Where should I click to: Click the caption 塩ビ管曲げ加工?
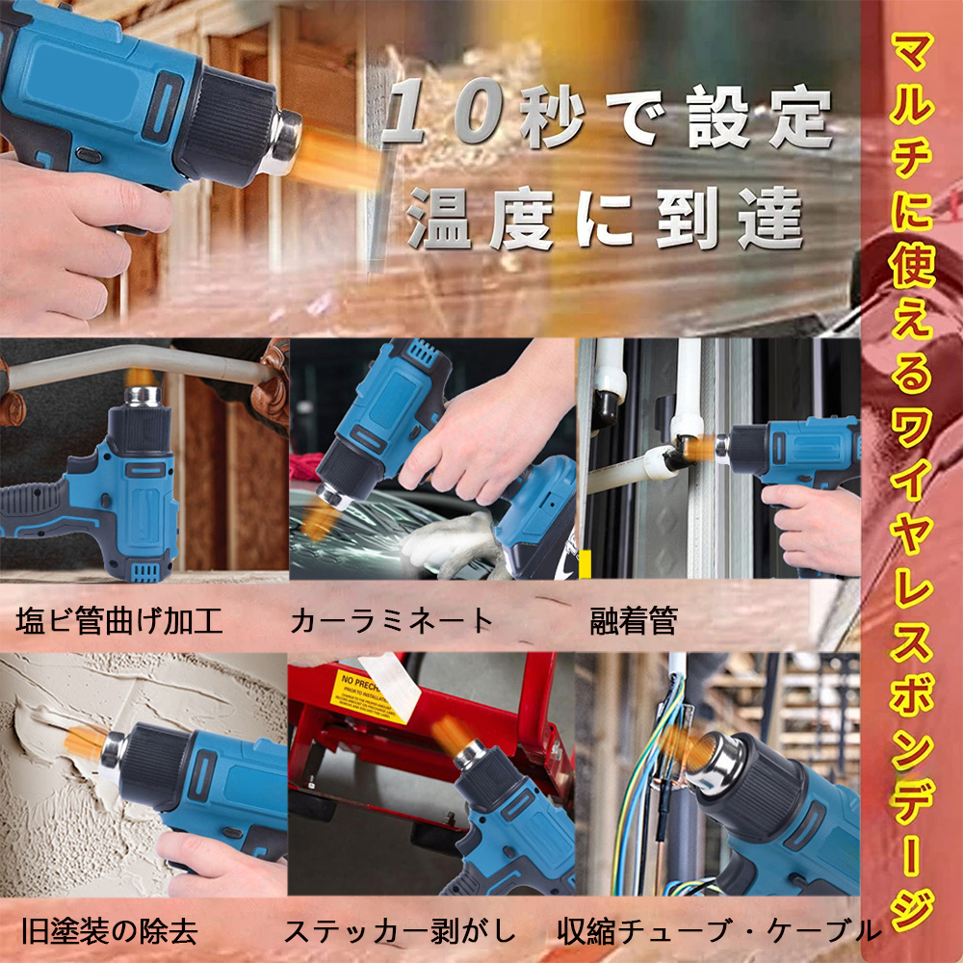click(119, 620)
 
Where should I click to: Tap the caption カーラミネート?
click(392, 620)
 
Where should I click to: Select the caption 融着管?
click(634, 620)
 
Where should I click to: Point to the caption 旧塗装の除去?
click(110, 931)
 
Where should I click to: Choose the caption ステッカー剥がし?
click(400, 931)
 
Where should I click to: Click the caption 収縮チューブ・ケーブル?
click(719, 931)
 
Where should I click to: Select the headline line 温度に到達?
click(605, 218)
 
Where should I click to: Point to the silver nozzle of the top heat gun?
click(284, 140)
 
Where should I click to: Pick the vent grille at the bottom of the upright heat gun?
click(146, 572)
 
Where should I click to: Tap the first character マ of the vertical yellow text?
click(912, 54)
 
